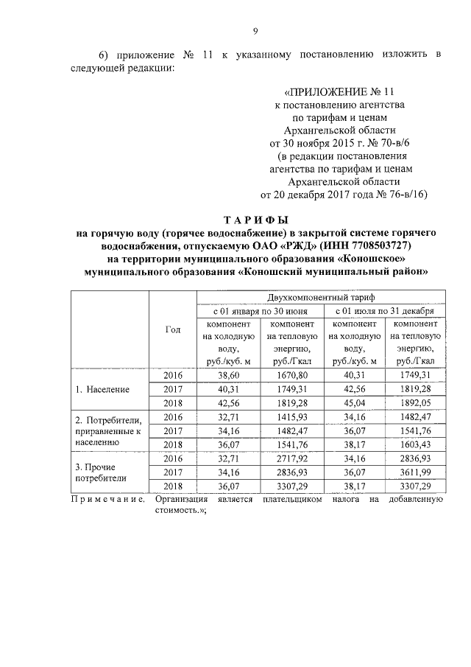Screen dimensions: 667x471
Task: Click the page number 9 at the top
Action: (x=255, y=30)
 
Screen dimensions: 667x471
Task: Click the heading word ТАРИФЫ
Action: (x=255, y=220)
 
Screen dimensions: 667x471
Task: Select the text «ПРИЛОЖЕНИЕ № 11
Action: (x=339, y=92)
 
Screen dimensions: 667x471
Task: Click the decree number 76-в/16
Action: (x=399, y=195)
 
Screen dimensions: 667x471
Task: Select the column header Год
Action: (x=172, y=329)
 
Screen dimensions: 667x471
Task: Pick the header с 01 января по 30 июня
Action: (x=256, y=311)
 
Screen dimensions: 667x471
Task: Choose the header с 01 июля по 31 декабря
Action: (x=382, y=311)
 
